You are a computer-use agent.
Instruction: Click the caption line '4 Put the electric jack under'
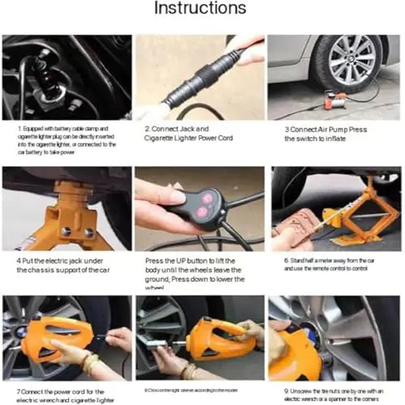tap(61, 260)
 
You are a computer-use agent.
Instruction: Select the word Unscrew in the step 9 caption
tap(304, 391)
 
